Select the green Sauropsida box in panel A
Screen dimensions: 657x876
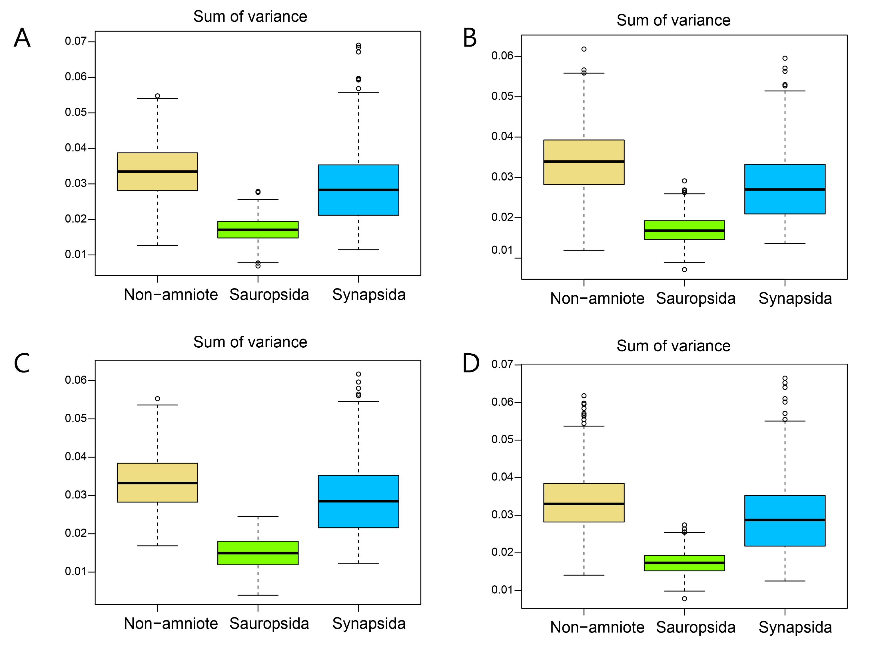pyautogui.click(x=258, y=230)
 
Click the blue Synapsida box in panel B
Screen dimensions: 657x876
pyautogui.click(x=785, y=189)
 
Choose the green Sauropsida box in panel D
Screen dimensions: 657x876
pyautogui.click(x=684, y=563)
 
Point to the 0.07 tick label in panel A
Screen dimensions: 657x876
pyautogui.click(x=76, y=41)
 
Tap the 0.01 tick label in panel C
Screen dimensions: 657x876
pyautogui.click(x=76, y=572)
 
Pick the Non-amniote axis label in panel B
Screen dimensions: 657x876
pyautogui.click(x=597, y=299)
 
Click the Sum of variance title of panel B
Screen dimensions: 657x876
pyautogui.click(x=673, y=20)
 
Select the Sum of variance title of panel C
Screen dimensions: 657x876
pyautogui.click(x=250, y=342)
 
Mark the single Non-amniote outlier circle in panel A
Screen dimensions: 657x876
pyautogui.click(x=158, y=96)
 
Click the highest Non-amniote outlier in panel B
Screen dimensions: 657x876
pyautogui.click(x=584, y=49)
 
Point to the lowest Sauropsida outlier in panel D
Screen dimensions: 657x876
pyautogui.click(x=684, y=599)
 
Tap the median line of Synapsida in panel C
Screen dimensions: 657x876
pyautogui.click(x=358, y=501)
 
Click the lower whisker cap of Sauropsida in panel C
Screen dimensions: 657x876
pyautogui.click(x=258, y=595)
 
